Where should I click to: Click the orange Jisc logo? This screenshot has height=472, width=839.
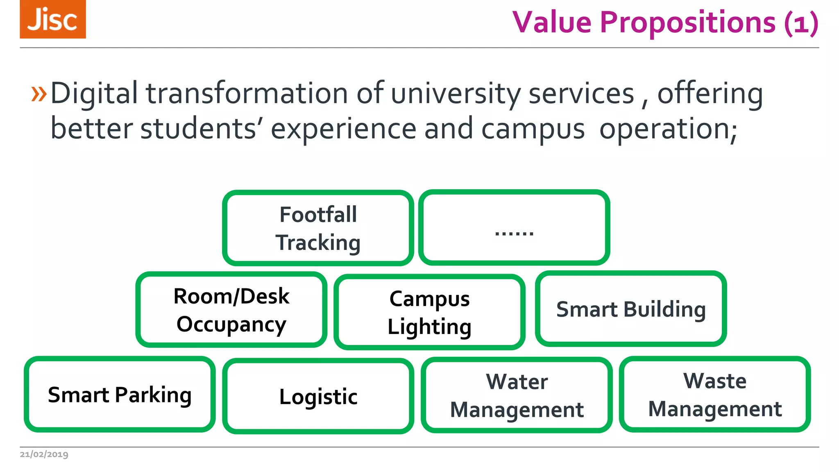click(53, 19)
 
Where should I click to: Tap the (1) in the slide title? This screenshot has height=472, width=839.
click(801, 23)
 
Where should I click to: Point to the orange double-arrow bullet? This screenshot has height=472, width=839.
click(39, 94)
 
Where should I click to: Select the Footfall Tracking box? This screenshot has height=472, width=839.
click(318, 228)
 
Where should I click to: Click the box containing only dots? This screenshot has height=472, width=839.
click(514, 228)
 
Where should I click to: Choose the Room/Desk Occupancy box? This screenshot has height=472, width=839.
click(231, 310)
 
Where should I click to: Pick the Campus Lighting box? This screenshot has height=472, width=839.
click(429, 312)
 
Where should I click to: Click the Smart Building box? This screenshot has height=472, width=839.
click(631, 309)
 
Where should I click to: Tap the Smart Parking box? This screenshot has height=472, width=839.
click(120, 394)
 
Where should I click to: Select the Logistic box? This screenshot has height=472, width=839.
click(318, 396)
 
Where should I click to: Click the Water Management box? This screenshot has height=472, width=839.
click(517, 395)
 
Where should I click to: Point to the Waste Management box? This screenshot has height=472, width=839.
click(715, 394)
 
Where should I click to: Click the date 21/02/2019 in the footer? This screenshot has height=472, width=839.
click(44, 454)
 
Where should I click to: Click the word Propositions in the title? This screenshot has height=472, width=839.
click(687, 22)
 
